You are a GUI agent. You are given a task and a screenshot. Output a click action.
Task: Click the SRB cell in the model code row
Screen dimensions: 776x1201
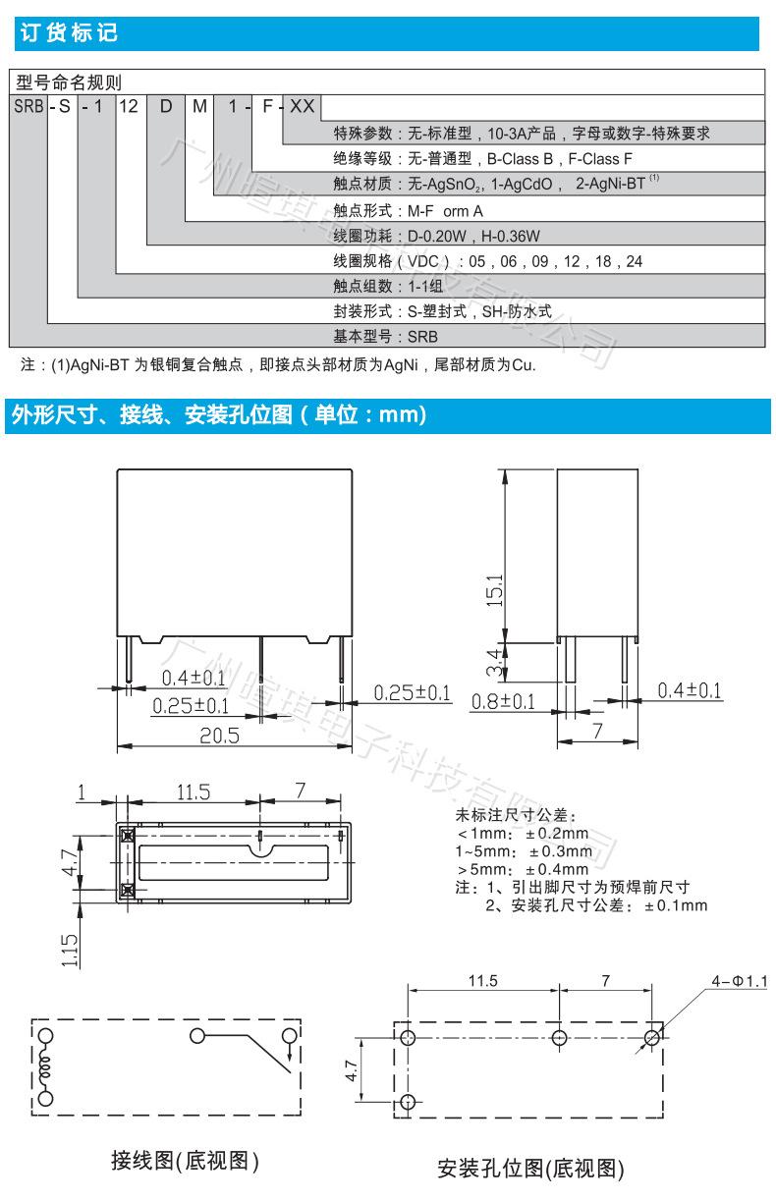click(x=28, y=105)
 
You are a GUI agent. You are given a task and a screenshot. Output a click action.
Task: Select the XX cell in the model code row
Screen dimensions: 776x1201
click(x=302, y=105)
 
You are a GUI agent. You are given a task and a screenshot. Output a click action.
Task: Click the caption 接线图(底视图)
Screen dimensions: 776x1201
click(x=185, y=1162)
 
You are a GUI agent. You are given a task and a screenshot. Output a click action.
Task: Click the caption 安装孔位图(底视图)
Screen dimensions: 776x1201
click(x=530, y=1168)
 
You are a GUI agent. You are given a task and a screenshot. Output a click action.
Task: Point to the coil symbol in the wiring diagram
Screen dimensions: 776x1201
click(x=45, y=1065)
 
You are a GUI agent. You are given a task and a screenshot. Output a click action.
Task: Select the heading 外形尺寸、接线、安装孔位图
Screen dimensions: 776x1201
click(x=216, y=415)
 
